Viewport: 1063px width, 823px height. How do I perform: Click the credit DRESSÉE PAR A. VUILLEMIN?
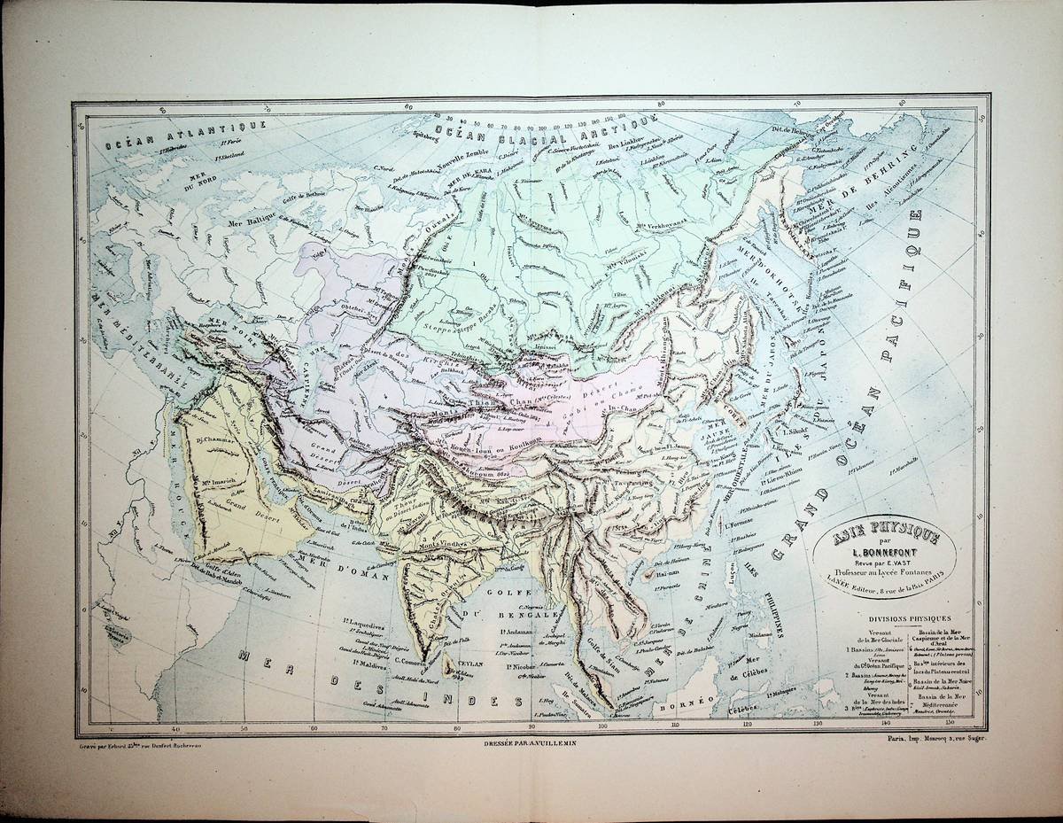tap(530, 741)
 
